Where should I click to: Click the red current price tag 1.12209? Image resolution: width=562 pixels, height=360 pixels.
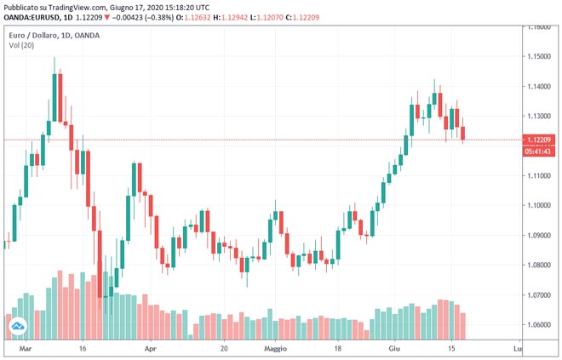click(x=540, y=140)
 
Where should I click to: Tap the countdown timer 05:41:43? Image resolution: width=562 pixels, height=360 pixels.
click(x=540, y=151)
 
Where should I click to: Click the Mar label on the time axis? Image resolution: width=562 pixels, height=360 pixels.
click(x=26, y=349)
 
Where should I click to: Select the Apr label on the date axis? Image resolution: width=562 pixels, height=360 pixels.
click(x=150, y=349)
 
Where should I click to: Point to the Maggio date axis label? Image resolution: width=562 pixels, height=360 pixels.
click(x=277, y=349)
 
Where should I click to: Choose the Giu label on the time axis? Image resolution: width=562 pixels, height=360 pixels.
click(x=394, y=349)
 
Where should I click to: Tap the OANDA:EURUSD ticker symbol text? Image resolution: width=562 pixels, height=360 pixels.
click(x=34, y=16)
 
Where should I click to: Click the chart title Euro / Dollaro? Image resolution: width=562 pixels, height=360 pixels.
click(x=33, y=34)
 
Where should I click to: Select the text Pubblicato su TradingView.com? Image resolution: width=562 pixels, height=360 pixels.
click(x=54, y=6)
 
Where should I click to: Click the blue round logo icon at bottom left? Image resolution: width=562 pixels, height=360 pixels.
click(x=18, y=325)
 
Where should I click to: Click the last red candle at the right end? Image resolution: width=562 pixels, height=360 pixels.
click(x=463, y=133)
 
